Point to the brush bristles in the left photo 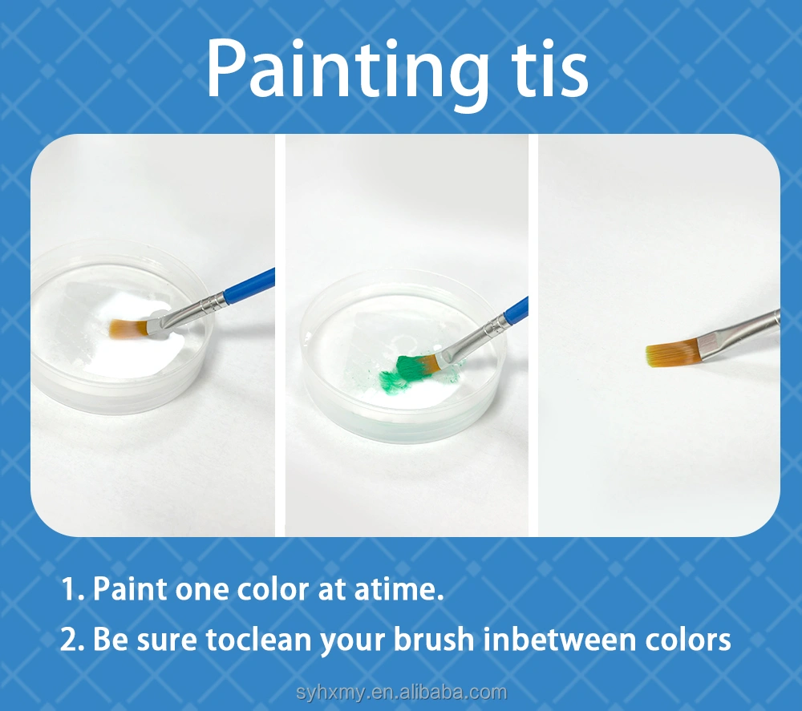[129, 328]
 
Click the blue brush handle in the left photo [250, 285]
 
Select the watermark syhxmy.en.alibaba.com [402, 693]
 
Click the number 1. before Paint [74, 589]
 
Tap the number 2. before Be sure [74, 640]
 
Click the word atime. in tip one [399, 589]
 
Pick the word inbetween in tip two [557, 640]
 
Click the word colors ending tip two [685, 640]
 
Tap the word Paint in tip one [131, 589]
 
